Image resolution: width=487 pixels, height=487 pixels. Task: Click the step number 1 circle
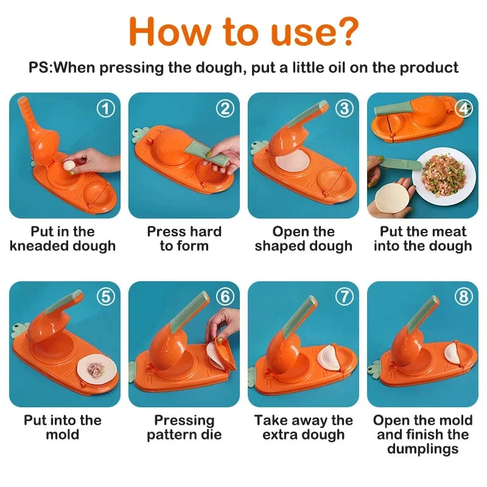[106, 109]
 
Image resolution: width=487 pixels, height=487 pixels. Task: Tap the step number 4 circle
[464, 109]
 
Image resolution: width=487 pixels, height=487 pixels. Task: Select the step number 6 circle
[225, 297]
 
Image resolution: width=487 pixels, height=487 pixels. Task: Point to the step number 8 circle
[464, 297]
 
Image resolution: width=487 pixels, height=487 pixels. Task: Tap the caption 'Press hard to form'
[184, 239]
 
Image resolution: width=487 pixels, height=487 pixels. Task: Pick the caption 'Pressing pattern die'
[184, 427]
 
